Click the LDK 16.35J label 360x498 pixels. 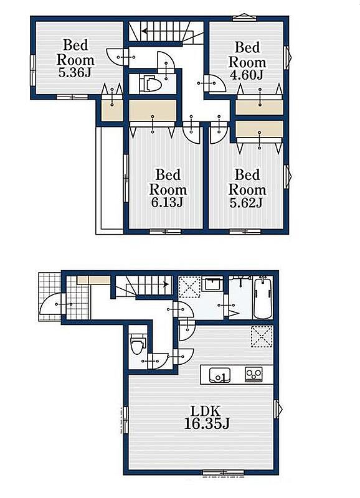207,417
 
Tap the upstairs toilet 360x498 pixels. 150,83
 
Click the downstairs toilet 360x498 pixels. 137,343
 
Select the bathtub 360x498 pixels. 263,298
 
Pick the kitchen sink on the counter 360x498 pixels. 220,375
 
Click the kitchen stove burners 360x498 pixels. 254,374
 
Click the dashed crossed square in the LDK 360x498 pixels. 262,336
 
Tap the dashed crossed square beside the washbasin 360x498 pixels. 190,286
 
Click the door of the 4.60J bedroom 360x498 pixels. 214,83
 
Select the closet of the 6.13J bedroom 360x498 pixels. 153,110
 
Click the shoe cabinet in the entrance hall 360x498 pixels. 93,280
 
